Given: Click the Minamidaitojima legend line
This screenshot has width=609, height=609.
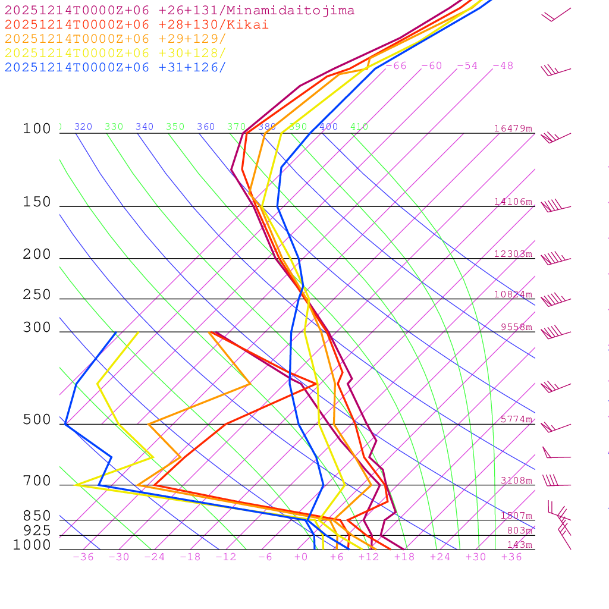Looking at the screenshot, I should click(180, 11).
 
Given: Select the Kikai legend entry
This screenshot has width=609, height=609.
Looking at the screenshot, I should click(137, 25).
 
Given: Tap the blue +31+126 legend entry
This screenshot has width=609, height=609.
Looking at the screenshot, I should click(115, 67).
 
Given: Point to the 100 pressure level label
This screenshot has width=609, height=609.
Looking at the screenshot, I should click(37, 129).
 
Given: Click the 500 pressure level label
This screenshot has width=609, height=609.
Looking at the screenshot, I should click(37, 420).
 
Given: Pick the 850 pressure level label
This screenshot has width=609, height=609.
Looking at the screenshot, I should click(37, 516).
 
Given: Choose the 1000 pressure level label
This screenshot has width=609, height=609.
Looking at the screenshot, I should click(32, 545).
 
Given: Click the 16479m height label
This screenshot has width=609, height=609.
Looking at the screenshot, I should click(513, 128).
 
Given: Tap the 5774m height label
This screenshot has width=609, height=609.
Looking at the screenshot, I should click(516, 419).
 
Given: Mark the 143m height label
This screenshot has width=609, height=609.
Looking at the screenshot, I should click(520, 545).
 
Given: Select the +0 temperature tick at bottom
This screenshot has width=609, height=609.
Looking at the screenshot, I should click(301, 557).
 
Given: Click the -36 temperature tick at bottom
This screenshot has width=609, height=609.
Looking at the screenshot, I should click(83, 557).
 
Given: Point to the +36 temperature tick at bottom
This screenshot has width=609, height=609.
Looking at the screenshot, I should click(511, 557).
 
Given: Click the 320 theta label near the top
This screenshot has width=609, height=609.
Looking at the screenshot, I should click(83, 127).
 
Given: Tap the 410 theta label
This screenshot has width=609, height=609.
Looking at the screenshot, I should click(359, 127).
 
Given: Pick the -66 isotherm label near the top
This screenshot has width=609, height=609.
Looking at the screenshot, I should click(396, 66).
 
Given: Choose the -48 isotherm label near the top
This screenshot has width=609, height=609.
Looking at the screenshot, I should click(503, 66).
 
